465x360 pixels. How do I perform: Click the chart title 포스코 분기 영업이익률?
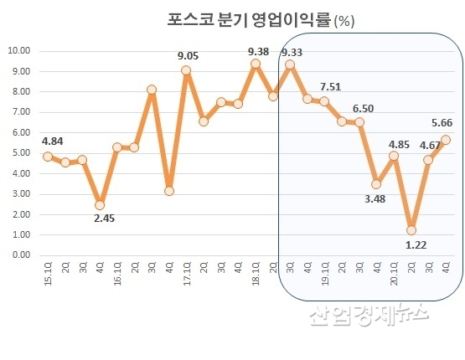[x=243, y=21]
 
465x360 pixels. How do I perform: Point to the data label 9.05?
[x=189, y=56]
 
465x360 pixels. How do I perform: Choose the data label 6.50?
[x=364, y=108]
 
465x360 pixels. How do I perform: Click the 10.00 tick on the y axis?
[x=19, y=50]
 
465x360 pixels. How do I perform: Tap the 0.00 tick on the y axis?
[x=21, y=255]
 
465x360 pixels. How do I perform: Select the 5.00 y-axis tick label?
[x=21, y=152]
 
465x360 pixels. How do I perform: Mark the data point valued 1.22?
[x=411, y=230]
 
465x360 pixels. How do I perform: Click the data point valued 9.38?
[x=255, y=64]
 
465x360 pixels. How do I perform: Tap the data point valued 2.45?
[x=100, y=204]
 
